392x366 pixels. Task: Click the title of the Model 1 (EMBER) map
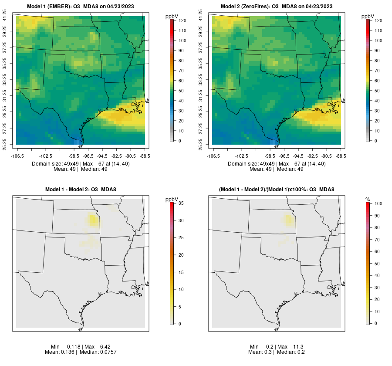pos(81,6)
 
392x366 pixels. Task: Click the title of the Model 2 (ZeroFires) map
pos(277,6)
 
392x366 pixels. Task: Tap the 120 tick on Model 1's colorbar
pos(182,20)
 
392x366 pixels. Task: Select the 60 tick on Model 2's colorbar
pos(378,81)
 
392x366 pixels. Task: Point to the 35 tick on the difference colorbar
pos(182,203)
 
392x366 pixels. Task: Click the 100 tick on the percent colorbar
pos(378,203)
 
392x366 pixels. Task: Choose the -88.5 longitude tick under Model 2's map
pos(341,156)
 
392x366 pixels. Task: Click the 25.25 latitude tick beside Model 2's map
pos(201,144)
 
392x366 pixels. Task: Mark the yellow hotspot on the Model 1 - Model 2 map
pos(92,219)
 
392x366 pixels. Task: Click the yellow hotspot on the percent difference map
pos(288,219)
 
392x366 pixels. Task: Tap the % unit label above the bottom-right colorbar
pos(368,200)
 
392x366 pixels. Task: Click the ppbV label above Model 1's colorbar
pos(172,17)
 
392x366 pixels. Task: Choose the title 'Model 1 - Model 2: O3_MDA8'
pos(81,190)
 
